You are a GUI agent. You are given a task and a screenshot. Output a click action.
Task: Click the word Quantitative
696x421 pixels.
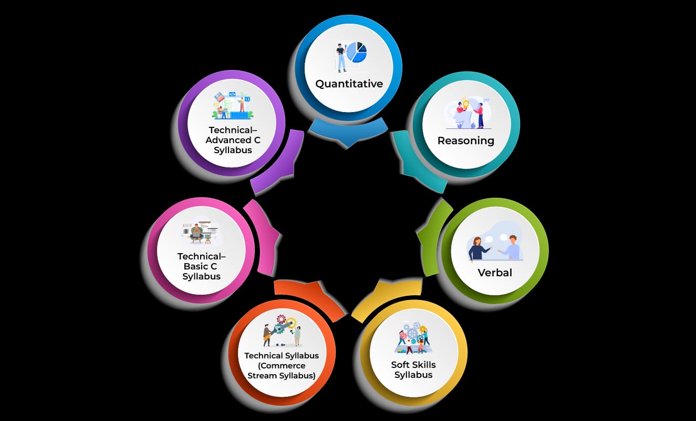tap(349, 84)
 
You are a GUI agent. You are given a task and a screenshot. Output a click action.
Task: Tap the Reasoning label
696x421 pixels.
tap(466, 141)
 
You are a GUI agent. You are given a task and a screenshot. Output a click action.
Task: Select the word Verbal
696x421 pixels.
tap(495, 273)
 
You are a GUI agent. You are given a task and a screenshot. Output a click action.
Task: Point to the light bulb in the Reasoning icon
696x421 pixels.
tap(465, 103)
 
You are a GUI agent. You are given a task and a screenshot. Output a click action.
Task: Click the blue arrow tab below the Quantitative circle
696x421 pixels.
tap(348, 132)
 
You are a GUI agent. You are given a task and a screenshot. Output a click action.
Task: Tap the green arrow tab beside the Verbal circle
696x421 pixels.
tap(432, 238)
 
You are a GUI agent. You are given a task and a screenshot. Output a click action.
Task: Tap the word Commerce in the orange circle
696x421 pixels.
tap(282, 366)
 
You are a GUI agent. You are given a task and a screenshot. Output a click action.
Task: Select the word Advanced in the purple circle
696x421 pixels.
tap(228, 140)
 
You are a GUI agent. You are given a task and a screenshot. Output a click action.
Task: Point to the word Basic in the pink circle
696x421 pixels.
tap(196, 267)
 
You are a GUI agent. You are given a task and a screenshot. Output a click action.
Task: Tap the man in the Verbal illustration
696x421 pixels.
tap(510, 247)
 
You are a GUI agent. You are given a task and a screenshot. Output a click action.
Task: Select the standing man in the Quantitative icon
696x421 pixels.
tap(341, 58)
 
